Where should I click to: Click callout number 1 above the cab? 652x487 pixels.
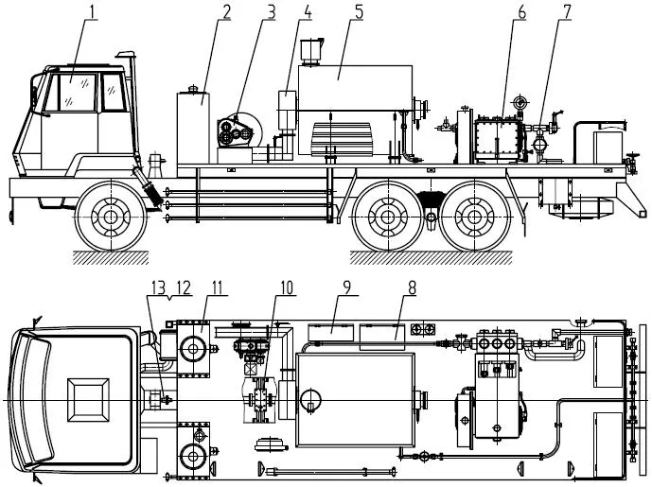[93, 12]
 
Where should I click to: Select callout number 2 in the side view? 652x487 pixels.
[226, 12]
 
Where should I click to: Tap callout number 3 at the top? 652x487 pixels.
[271, 12]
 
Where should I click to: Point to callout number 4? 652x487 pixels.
[308, 12]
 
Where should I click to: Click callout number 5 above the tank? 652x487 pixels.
[359, 12]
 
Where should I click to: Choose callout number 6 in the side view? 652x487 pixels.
[521, 12]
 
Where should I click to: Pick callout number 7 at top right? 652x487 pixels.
[567, 12]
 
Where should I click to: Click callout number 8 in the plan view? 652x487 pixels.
[412, 287]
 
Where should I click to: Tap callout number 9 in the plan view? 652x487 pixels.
[346, 287]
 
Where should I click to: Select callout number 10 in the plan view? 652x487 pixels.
[287, 287]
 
